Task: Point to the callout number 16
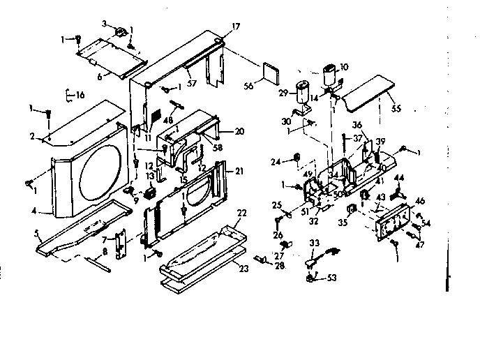[x=80, y=94]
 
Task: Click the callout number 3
[x=105, y=23]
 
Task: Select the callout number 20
[x=239, y=131]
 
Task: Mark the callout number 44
[x=400, y=179]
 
